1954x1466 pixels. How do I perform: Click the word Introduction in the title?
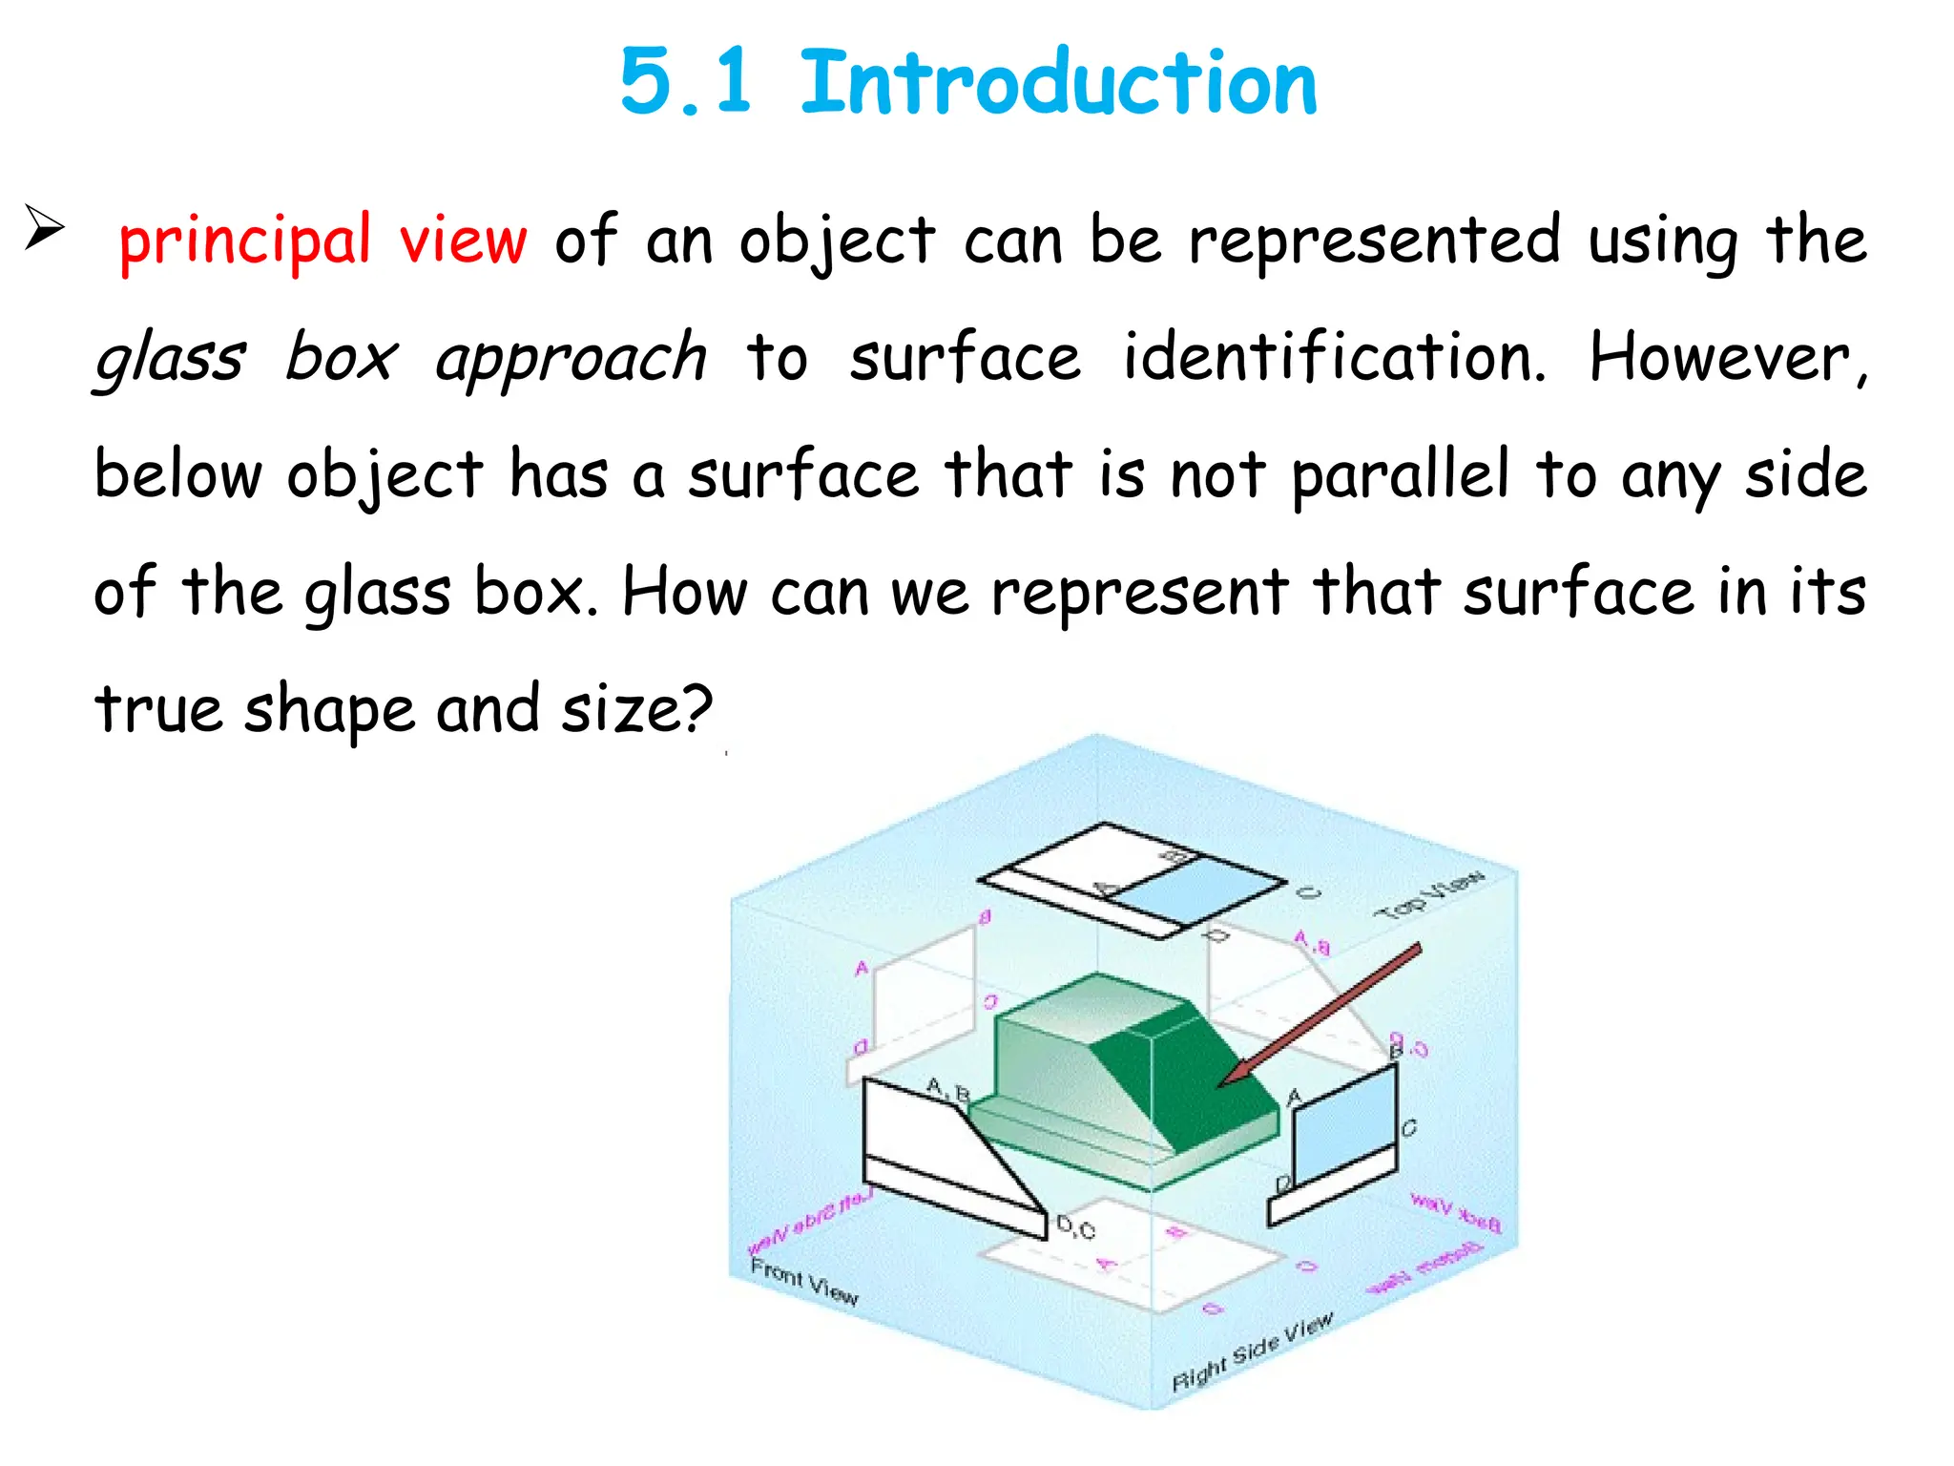pos(1057,84)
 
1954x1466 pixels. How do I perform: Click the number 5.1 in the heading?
pos(687,84)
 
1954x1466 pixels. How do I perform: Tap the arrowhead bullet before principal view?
pos(44,229)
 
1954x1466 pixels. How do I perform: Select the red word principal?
pos(244,241)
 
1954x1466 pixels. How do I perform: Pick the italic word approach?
pos(571,359)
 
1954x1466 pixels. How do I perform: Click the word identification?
pos(1334,357)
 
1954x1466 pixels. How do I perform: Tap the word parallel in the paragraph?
pos(1401,475)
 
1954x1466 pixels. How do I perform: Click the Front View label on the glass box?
pos(803,1283)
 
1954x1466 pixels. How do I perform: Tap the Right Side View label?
pos(1252,1353)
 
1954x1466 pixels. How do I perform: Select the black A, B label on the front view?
pos(948,1089)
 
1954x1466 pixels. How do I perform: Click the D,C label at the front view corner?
pos(1075,1228)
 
